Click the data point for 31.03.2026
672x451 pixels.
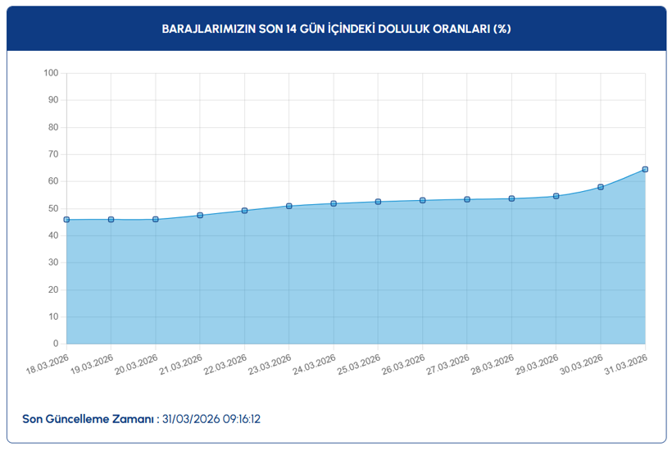tap(645, 170)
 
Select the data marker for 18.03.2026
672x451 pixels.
tap(66, 220)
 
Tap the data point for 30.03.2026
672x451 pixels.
tap(601, 187)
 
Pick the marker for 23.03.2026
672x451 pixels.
tap(289, 206)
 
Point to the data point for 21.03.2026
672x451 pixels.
tap(200, 216)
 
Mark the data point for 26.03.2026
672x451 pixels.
tap(423, 200)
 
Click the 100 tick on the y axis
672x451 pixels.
tap(51, 74)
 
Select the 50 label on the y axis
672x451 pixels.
tap(53, 209)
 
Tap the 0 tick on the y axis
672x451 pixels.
tap(56, 344)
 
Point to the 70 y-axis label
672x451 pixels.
tap(53, 155)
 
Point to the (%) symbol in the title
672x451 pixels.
tap(502, 29)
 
